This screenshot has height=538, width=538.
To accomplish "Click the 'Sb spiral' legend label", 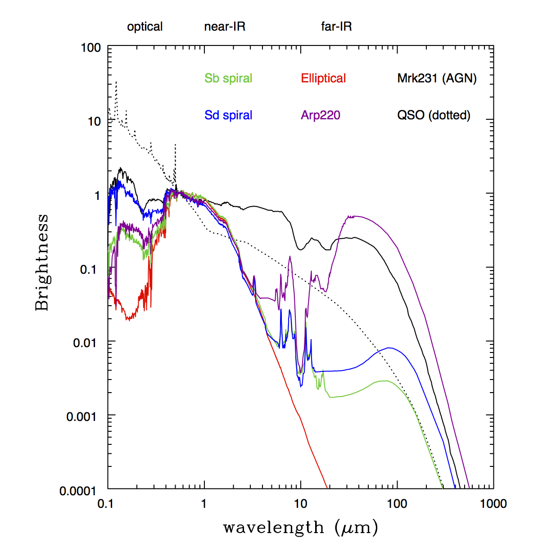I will pos(228,78).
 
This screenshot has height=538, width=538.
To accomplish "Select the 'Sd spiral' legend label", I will pos(228,115).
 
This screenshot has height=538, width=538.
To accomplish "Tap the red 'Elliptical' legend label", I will pos(323,78).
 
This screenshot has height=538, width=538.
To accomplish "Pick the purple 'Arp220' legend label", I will pos(321,115).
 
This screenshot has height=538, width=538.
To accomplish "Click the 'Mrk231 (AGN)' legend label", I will pos(437,78).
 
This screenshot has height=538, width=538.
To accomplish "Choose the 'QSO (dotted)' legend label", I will pos(434,115).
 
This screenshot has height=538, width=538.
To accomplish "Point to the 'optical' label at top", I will pos(145,27).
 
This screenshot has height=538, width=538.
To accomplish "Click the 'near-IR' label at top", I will pos(225,27).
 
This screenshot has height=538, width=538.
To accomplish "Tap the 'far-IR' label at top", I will pos(336,27).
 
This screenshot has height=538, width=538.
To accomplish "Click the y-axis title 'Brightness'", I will pos(42,262).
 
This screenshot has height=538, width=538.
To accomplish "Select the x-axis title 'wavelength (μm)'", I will pos(300,527).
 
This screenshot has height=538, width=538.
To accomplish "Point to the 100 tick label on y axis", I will pos(90,48).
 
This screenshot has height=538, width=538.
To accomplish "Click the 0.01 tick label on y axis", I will pos(87,343).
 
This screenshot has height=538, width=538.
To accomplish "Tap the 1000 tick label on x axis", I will pos(493,503).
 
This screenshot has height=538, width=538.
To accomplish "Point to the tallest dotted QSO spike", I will pos(116,82).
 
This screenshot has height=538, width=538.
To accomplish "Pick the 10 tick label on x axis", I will pos(301,503).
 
